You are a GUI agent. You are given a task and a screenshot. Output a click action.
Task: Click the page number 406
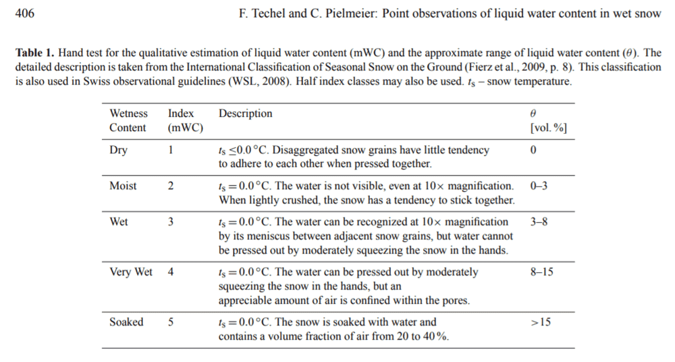pos(24,14)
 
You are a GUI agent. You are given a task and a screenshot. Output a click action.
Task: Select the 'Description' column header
pos(245,113)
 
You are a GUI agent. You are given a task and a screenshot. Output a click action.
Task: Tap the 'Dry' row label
pos(118,150)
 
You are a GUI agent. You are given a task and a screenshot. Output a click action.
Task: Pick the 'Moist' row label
pos(122,186)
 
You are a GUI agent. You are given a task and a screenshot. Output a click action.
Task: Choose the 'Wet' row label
pos(118,222)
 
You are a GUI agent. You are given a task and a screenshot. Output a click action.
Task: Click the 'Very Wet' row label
pos(131,271)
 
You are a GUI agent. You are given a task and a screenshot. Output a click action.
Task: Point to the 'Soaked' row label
pos(126,321)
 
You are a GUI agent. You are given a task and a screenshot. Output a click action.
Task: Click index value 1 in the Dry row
pos(170,150)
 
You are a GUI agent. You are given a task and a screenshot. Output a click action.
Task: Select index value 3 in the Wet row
pos(170,222)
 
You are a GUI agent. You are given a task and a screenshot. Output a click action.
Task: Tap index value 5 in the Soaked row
pos(170,321)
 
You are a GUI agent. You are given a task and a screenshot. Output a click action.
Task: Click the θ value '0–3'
pos(539,186)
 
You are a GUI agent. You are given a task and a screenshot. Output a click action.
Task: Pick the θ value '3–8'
pos(539,222)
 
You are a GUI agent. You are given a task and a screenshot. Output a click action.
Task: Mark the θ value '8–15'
pos(542,271)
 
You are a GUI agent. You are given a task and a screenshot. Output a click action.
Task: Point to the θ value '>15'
pos(541,321)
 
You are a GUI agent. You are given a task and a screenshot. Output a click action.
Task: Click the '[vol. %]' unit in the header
pos(549,128)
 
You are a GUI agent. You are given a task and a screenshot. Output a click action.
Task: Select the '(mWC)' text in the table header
pos(185,128)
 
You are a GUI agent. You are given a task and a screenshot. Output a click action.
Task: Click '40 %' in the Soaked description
pos(437,336)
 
